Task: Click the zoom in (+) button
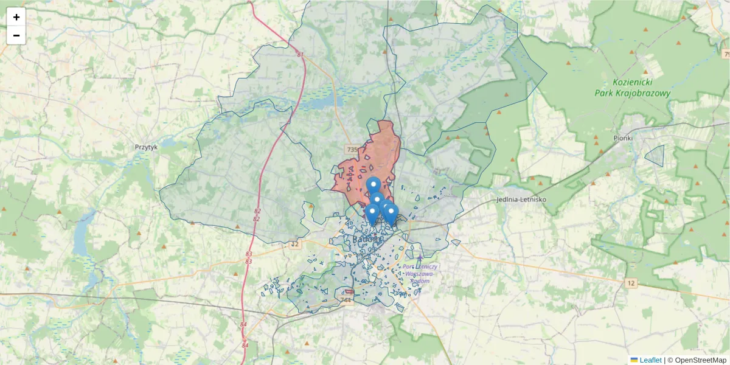(x=16, y=17)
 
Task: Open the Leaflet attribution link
(x=650, y=360)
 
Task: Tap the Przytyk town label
(x=146, y=147)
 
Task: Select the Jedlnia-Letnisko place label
(x=521, y=200)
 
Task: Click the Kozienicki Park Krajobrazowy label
(x=633, y=88)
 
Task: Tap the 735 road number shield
(x=352, y=149)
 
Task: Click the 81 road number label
(x=300, y=54)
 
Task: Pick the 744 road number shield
(x=346, y=300)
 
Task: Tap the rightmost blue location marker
(x=391, y=214)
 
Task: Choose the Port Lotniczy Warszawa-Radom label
(x=420, y=273)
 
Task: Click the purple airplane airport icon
(x=419, y=259)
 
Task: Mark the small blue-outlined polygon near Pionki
(x=655, y=156)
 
